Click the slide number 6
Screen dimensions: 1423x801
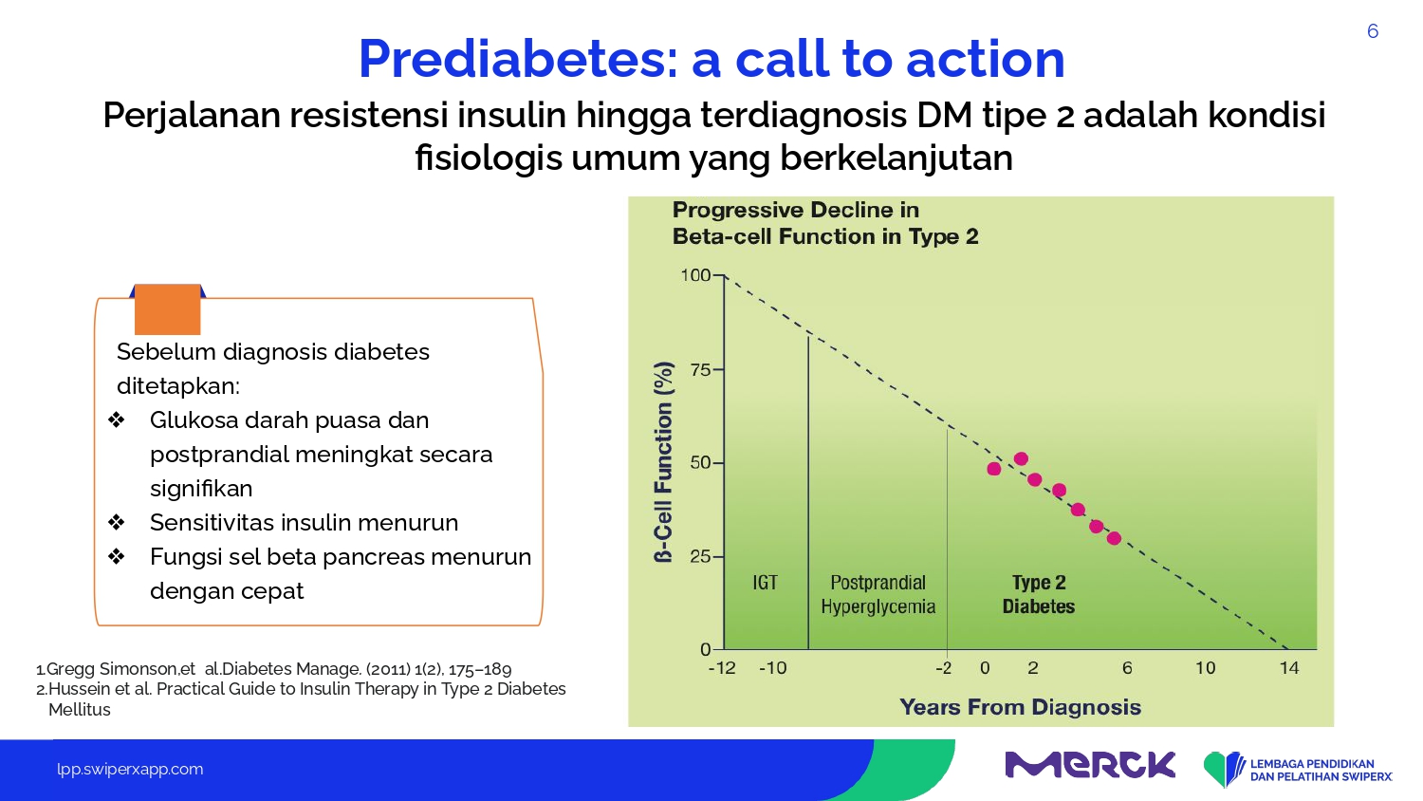(1372, 31)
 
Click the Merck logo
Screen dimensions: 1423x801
(1090, 765)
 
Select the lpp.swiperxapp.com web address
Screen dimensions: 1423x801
(130, 770)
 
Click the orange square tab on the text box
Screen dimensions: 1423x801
(168, 309)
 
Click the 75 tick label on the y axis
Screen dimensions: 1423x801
(700, 369)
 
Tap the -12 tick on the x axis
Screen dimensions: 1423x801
(722, 668)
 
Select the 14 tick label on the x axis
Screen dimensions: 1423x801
(1289, 668)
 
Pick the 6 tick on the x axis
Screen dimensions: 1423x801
(1127, 668)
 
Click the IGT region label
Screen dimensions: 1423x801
(765, 583)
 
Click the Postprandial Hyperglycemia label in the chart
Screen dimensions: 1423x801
(878, 594)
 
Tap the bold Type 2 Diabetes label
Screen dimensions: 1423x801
(1039, 594)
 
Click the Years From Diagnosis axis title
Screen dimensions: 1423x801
(1020, 707)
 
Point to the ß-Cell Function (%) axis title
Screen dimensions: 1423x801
(663, 462)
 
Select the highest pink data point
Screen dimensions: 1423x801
(1021, 458)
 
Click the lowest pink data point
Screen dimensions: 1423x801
(1114, 538)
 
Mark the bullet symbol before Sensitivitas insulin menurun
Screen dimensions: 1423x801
(117, 523)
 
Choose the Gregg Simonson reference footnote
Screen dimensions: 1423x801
(274, 669)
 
